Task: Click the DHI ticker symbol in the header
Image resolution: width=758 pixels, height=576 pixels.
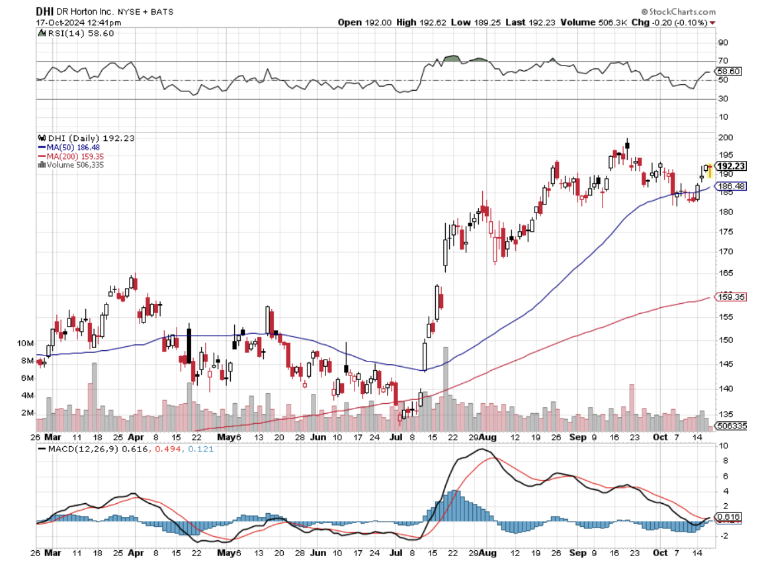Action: [x=44, y=11]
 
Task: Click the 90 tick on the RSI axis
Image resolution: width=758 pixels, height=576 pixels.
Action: [x=723, y=42]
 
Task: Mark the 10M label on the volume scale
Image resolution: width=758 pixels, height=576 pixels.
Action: [x=26, y=344]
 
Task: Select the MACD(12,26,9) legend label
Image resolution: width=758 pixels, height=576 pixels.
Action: [x=75, y=448]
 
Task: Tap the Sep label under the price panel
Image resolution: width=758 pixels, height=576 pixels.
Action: [x=579, y=438]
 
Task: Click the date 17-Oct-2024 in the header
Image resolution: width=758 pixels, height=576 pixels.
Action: [x=65, y=22]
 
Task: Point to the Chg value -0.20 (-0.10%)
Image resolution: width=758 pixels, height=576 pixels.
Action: [x=680, y=22]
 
